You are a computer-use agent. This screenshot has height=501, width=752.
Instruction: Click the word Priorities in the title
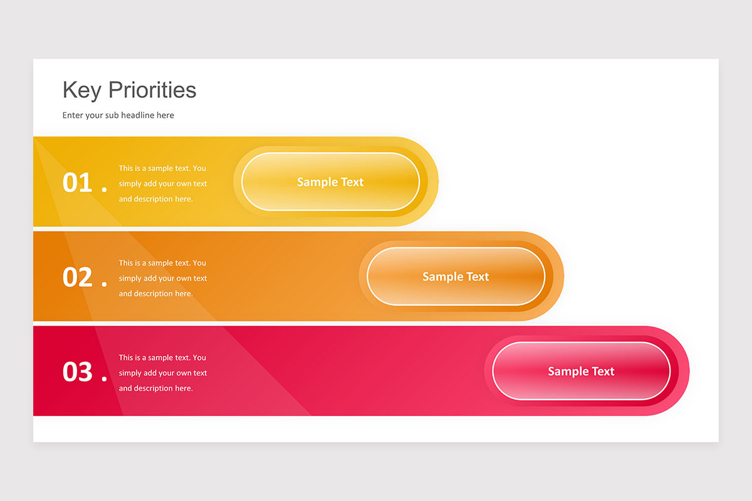pos(152,90)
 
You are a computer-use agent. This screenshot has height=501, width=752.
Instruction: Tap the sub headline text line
pos(118,115)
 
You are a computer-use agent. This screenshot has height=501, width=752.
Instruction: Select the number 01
pos(78,183)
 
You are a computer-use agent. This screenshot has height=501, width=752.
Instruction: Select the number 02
pos(78,277)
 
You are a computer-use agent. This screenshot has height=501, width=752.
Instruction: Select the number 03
pos(78,372)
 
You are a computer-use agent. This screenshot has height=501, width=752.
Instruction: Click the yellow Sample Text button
pos(330,182)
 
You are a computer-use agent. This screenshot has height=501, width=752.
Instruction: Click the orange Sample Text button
pos(456,276)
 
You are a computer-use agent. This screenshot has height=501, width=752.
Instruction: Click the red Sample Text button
pos(581,371)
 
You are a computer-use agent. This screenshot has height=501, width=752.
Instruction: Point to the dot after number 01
pos(104,189)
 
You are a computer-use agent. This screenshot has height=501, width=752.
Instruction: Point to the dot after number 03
pos(104,378)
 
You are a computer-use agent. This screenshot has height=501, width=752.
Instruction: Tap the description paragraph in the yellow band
pos(162,183)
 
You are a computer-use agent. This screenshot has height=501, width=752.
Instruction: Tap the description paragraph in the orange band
pos(162,278)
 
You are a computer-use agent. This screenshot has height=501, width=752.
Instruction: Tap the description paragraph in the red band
pos(162,373)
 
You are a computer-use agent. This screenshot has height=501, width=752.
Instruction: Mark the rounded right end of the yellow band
pos(433,182)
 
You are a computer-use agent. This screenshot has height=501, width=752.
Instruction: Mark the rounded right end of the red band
pos(684,371)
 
